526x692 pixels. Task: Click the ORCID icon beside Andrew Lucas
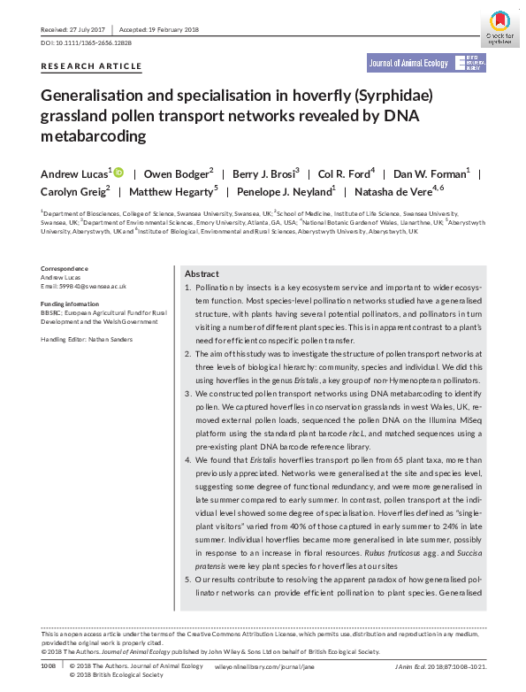click(x=119, y=172)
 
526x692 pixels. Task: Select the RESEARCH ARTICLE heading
click(x=91, y=66)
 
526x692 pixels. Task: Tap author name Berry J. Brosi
click(x=268, y=173)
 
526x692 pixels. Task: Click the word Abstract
click(x=202, y=274)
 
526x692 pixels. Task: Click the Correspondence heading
click(x=65, y=268)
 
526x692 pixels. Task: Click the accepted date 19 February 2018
click(x=167, y=29)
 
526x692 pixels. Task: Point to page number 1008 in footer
click(x=48, y=665)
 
